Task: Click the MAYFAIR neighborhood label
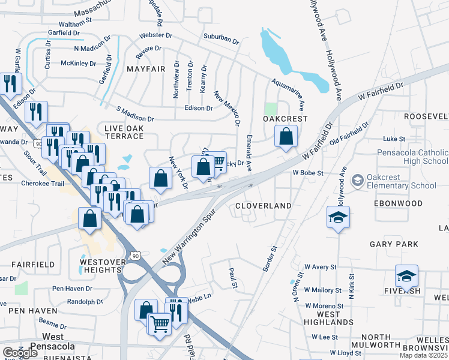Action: coord(145,70)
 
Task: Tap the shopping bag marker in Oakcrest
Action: coord(286,137)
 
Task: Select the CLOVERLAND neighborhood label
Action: coord(263,206)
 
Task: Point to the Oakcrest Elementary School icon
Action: coord(357,180)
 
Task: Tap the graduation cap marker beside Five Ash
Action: coord(406,277)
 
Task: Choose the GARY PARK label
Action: coord(394,244)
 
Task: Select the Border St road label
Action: coord(270,256)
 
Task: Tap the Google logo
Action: coord(20,353)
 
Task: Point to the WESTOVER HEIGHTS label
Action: coord(101,266)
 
